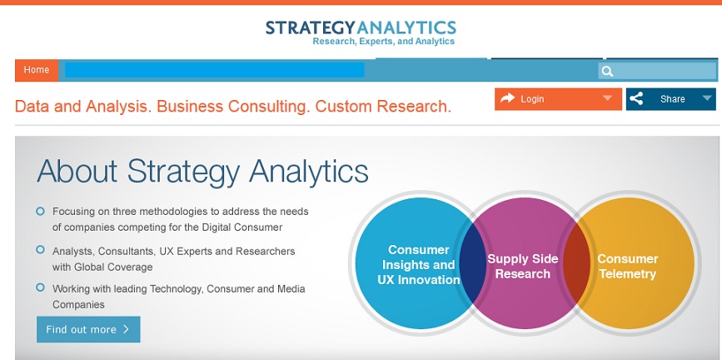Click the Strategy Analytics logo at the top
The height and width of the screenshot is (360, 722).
(361, 32)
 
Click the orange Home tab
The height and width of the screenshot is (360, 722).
(37, 70)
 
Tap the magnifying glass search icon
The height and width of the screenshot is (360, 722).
(607, 72)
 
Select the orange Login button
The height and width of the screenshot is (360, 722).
(558, 99)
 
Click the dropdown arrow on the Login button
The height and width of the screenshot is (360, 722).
(607, 98)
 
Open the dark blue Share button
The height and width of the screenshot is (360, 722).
(671, 99)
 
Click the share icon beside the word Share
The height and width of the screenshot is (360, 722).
(636, 98)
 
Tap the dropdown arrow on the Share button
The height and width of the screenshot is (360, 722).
(707, 98)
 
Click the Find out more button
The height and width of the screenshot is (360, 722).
(88, 329)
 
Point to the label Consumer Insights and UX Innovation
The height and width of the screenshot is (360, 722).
(419, 265)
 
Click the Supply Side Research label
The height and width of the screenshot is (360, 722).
(523, 267)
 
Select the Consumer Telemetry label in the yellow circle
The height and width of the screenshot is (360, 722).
(628, 267)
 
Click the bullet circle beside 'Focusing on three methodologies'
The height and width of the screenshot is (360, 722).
(41, 212)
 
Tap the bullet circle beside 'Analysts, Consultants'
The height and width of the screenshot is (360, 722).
(41, 250)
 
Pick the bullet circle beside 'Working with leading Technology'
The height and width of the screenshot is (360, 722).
(41, 287)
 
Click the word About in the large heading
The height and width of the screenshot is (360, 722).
(77, 171)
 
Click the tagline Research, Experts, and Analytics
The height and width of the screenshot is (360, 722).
(384, 42)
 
